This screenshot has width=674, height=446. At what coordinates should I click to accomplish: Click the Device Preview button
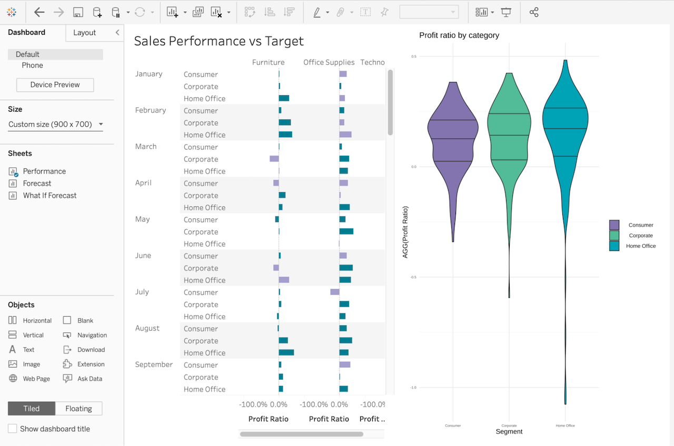coord(55,85)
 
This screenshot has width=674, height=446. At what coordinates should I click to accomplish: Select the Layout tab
coord(84,33)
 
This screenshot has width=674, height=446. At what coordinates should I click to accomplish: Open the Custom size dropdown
coord(55,125)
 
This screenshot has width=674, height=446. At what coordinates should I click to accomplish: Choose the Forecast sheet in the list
coord(37,184)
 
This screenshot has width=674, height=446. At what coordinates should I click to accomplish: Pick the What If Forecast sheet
coord(49,196)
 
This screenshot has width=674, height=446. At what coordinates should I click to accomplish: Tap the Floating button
coord(78,409)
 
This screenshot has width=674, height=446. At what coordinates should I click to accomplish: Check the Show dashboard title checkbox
coord(13,429)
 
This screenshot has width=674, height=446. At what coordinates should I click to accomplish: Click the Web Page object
coord(36,379)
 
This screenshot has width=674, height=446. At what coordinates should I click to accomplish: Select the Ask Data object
coord(90,379)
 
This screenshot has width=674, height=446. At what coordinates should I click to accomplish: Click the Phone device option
coord(32,66)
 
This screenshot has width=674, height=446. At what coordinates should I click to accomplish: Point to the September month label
coord(154,364)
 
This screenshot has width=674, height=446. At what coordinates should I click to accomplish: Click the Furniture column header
coord(268,62)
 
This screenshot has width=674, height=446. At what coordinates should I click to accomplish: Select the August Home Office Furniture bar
coord(286,352)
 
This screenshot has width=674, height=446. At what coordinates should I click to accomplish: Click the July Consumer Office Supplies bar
coord(335,292)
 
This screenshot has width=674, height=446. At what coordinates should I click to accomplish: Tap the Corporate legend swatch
coord(614,236)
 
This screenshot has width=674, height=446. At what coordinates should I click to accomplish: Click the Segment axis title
coord(509,432)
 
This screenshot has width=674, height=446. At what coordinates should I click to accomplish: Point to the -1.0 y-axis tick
coord(413,388)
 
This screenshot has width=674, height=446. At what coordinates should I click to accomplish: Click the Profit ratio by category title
coord(459,35)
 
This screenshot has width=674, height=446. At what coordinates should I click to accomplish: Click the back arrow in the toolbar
coord(39,12)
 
